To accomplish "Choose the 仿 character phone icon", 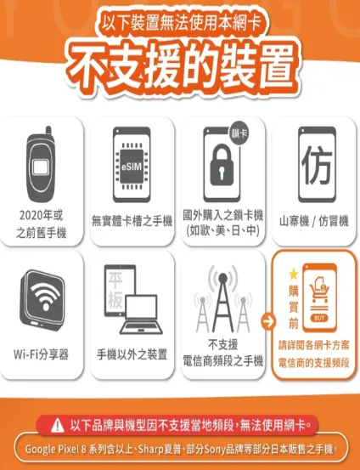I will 313,161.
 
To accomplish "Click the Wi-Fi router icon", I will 42,295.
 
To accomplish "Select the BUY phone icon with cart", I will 321,294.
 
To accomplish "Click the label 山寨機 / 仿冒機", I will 313,221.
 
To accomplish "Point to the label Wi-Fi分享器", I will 42,354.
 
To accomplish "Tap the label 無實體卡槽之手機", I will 132,221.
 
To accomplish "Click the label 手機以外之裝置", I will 132,354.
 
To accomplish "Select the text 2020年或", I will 42,212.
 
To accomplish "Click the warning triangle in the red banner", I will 59,423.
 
